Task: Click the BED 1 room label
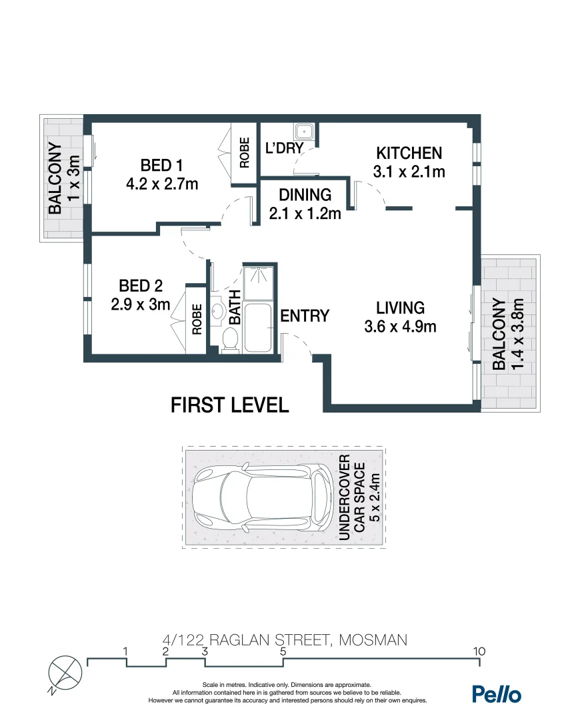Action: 161,165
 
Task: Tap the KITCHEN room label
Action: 408,153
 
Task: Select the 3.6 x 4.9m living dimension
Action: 400,326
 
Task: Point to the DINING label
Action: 305,195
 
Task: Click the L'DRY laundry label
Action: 284,148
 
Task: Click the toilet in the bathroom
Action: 229,340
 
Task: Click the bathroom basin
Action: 219,312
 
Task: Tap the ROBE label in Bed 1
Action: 244,152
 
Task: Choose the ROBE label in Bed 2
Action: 197,319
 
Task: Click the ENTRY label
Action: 305,316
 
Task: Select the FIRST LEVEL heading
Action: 230,405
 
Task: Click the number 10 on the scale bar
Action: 478,651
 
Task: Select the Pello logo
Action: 497,694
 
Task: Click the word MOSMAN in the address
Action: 373,640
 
